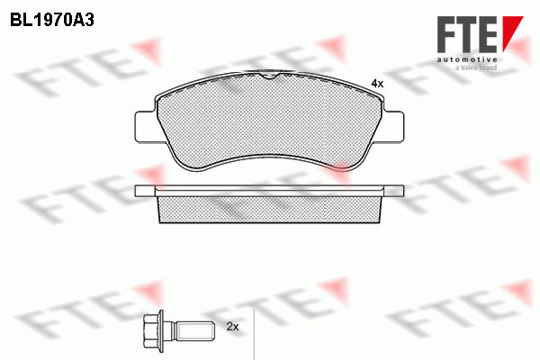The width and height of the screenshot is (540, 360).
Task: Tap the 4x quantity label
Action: (377, 83)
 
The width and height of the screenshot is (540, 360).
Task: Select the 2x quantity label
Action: (232, 326)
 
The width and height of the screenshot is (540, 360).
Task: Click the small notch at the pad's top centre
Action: (270, 78)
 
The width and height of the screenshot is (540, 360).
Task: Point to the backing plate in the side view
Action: (270, 191)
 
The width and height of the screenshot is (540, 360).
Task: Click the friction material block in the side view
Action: (270, 210)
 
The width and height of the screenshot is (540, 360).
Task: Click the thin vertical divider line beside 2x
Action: (256, 328)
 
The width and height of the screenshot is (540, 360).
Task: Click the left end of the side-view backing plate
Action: (138, 191)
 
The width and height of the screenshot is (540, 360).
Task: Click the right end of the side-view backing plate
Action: (402, 191)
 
